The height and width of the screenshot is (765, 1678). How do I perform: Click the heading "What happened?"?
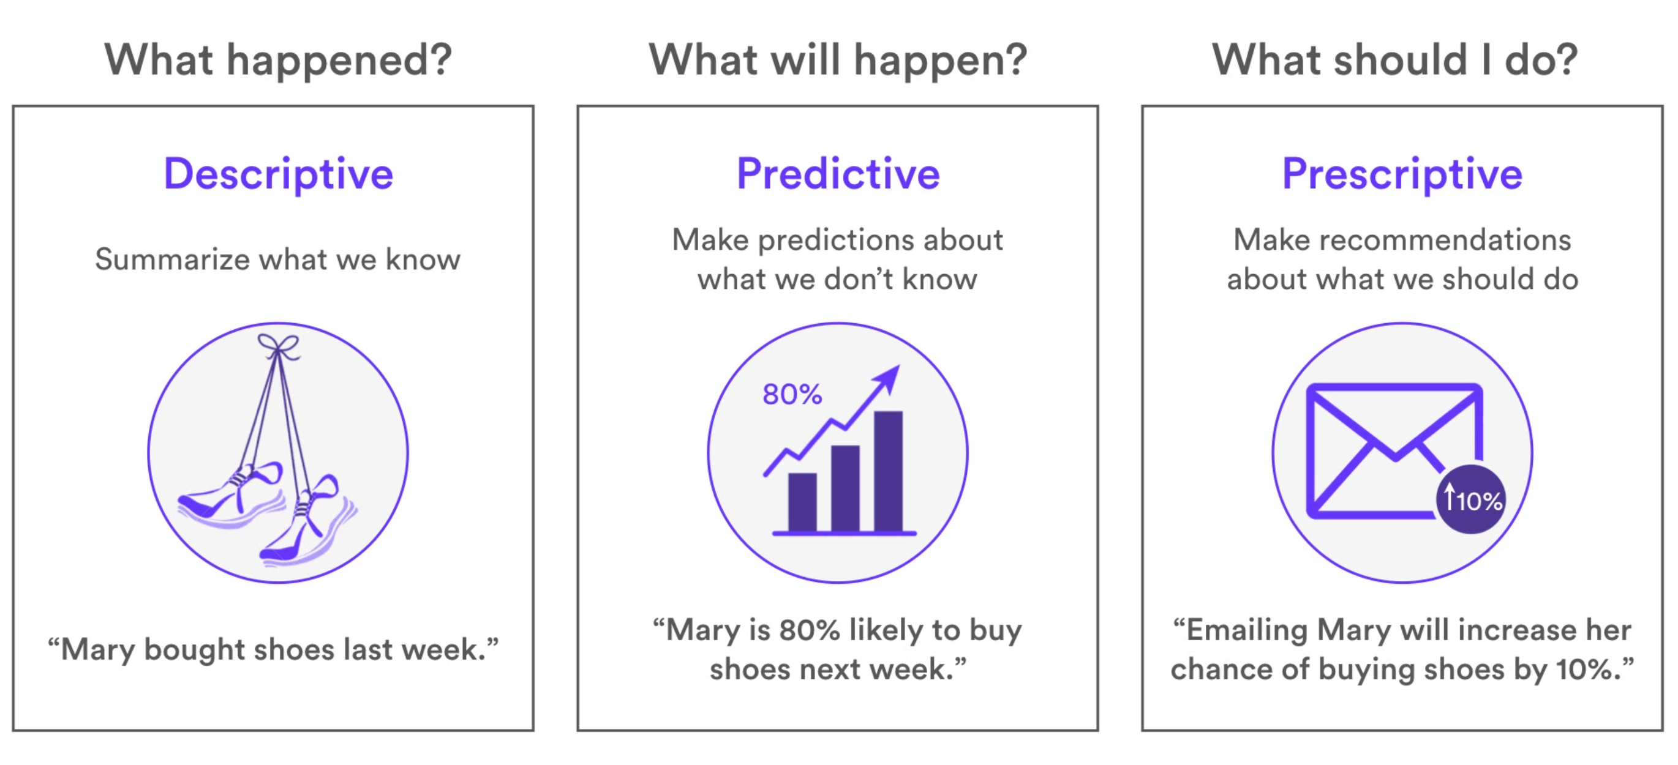point(278,61)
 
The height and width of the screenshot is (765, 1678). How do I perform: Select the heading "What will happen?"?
point(838,61)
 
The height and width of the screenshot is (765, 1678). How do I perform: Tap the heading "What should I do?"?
point(1394,60)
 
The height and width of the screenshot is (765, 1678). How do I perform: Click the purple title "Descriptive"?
point(279,174)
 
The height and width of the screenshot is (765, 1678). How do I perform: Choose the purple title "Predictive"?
point(838,174)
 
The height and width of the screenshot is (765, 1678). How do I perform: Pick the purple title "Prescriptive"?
point(1402,174)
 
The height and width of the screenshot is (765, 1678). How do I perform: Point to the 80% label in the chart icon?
point(792,394)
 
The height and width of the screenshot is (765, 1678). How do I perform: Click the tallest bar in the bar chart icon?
point(889,471)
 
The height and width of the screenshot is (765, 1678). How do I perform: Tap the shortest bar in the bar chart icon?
point(802,502)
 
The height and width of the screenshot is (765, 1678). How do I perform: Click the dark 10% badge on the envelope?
point(1472,499)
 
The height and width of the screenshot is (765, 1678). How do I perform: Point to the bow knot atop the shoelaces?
point(278,346)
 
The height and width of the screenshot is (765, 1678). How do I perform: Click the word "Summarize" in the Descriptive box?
point(173,259)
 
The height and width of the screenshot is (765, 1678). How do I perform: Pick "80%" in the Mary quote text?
point(810,630)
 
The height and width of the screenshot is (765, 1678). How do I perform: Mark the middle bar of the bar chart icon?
point(846,488)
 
